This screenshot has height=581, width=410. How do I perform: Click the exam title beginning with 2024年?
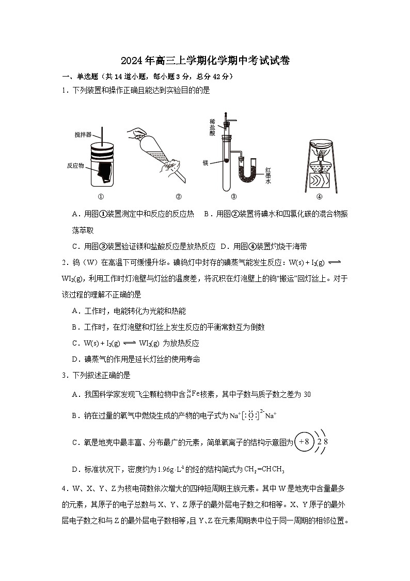point(205,61)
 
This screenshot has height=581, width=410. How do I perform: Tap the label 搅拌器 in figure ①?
point(83,135)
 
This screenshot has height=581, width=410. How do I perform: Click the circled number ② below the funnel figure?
point(179,196)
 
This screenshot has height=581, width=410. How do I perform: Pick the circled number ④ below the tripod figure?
point(319,196)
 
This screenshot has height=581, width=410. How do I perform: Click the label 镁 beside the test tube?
point(205,162)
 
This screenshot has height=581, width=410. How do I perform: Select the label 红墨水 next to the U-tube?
point(268,175)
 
